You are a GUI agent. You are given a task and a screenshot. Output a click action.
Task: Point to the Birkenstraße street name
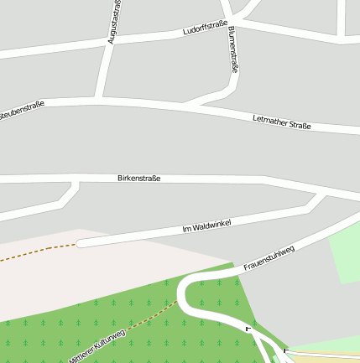(139, 179)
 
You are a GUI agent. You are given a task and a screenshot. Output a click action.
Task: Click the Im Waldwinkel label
(206, 226)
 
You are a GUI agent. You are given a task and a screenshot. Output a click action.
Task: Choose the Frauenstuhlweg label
(269, 258)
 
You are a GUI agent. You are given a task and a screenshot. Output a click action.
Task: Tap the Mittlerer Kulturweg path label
(97, 345)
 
